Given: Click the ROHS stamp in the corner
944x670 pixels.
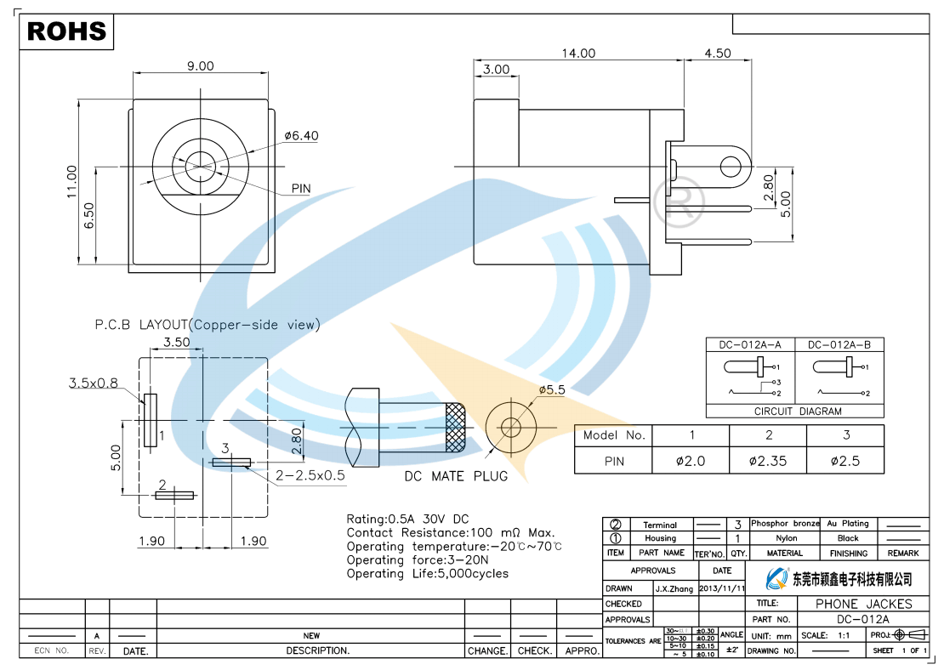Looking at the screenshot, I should point(67,31).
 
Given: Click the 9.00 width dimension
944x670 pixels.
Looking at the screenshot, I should point(201,65).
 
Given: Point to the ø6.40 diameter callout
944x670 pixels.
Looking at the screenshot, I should point(302,135).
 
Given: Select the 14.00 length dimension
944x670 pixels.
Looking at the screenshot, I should point(578,53).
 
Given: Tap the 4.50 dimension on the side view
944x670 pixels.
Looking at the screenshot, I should point(718,53).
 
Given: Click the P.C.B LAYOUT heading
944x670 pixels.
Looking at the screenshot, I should point(208,324).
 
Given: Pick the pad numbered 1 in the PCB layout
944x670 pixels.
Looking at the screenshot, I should point(151,420).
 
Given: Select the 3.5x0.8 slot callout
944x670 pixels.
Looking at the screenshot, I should point(94,383).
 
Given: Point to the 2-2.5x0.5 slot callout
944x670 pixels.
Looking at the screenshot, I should point(310,475).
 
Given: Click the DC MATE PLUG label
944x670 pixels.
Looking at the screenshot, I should point(456,476).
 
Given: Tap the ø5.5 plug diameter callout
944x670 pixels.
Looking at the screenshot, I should point(552,389).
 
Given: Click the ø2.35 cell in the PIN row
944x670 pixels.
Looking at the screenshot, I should point(768,461).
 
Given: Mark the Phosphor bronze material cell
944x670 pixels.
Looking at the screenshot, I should point(785,524).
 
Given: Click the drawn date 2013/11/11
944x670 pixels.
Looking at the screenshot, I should point(722,588).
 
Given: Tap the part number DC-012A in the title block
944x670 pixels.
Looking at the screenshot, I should point(863,619).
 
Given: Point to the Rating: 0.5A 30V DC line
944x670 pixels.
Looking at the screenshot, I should point(407,519).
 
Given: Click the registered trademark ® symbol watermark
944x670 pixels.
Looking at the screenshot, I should point(685,199).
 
